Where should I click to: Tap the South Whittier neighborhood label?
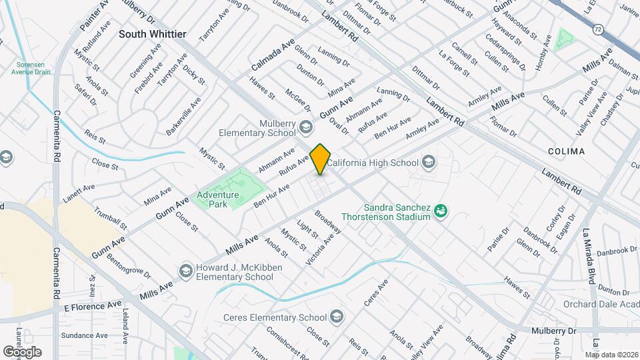tap(153, 33)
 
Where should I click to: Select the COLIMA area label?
tap(566, 151)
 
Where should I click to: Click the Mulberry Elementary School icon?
tap(306, 127)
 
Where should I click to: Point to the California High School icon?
tap(429, 162)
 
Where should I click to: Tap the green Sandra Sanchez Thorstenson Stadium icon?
tap(440, 211)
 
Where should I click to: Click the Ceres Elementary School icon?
tap(337, 315)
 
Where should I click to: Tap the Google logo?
tap(22, 351)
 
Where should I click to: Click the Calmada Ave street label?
tap(273, 55)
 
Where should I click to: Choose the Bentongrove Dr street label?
tap(127, 266)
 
